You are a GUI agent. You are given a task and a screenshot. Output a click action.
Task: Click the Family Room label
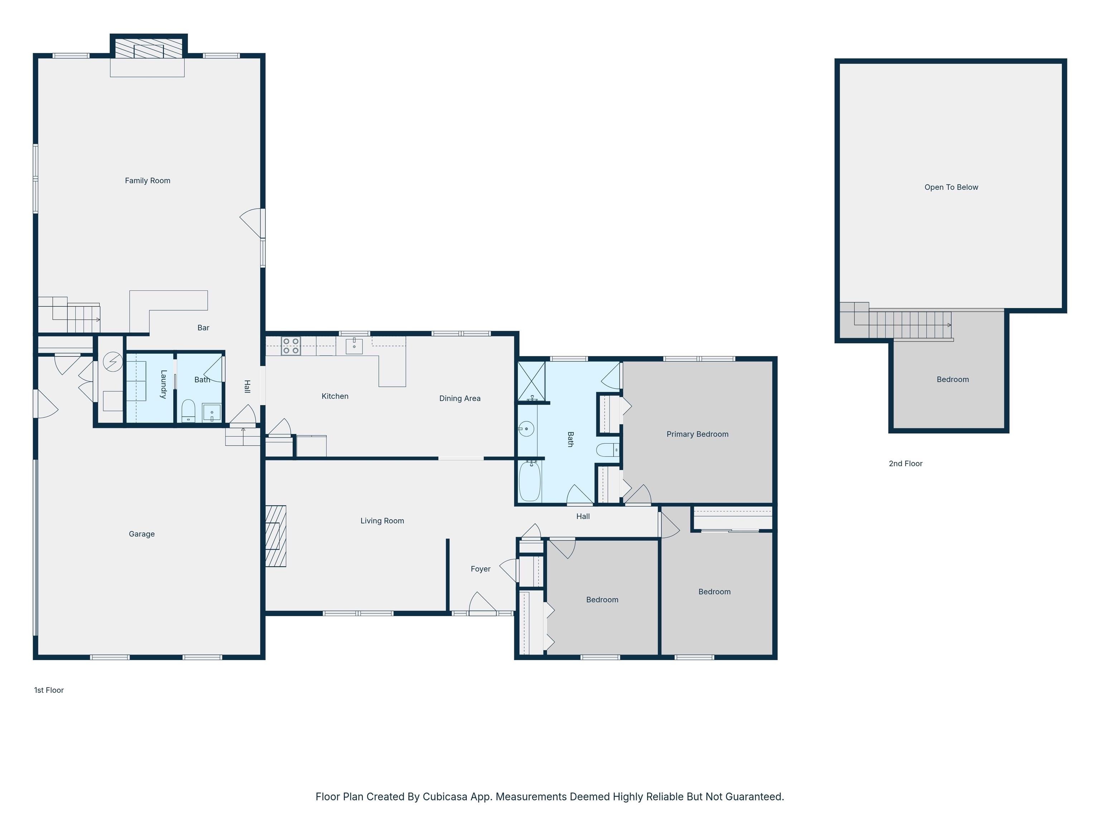(147, 180)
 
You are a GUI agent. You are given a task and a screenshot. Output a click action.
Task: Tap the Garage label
(142, 534)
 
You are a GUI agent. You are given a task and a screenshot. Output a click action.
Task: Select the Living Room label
(382, 521)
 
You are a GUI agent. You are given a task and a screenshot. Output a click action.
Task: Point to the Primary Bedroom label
(697, 434)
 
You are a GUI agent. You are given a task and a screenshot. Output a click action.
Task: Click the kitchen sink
(354, 345)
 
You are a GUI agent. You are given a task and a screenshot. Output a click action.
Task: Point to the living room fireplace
(275, 536)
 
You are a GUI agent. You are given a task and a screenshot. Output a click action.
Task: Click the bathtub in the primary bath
(530, 481)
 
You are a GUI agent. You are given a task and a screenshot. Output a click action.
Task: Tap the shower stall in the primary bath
(532, 381)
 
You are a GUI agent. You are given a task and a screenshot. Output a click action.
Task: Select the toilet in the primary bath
(608, 449)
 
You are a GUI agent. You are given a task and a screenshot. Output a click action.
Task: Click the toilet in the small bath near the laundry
(188, 411)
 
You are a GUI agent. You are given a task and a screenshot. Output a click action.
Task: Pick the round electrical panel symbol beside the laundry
(113, 362)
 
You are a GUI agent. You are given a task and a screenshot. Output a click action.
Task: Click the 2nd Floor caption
(906, 463)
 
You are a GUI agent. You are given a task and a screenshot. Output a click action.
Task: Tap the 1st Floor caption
(49, 690)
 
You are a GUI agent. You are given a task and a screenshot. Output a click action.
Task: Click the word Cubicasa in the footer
(445, 797)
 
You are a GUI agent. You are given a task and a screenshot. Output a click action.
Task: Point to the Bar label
(203, 328)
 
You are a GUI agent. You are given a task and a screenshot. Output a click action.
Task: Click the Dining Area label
(460, 398)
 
